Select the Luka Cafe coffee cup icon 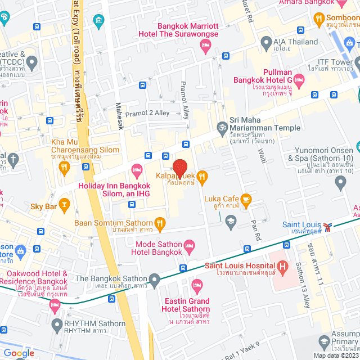(x=246, y=199)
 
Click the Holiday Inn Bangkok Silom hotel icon (x=136, y=169)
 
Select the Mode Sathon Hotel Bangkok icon (x=190, y=245)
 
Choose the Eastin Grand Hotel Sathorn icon (x=196, y=285)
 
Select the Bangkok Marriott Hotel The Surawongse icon (x=205, y=49)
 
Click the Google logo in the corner (x=19, y=353)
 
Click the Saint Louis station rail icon (x=334, y=226)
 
